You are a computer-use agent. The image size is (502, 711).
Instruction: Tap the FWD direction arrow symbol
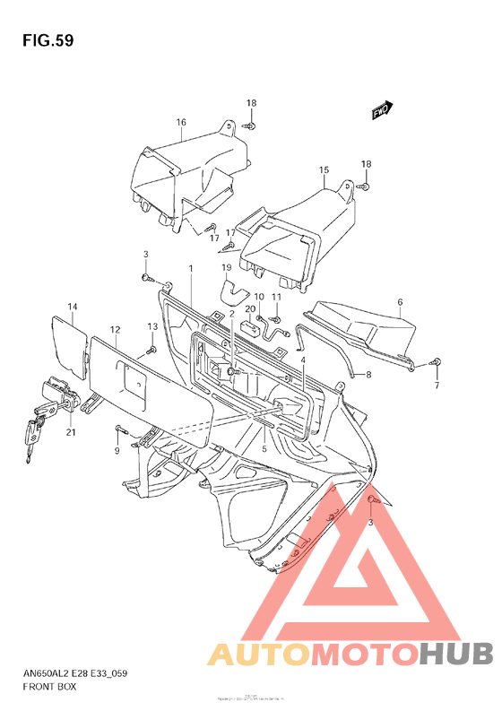coord(381,110)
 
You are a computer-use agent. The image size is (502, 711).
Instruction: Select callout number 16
coord(180,122)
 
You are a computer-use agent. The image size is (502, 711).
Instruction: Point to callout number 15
coord(324,169)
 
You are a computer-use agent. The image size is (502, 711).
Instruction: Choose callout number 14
coord(73,308)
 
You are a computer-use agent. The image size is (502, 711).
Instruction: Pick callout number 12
coord(116,330)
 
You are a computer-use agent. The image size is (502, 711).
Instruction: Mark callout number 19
coord(227,267)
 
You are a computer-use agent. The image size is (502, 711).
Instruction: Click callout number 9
coord(116,451)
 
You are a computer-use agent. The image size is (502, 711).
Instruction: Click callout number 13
coord(152,326)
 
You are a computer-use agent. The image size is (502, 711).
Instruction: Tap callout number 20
coord(250,309)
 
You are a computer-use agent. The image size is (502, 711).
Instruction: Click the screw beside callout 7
coord(436,363)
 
